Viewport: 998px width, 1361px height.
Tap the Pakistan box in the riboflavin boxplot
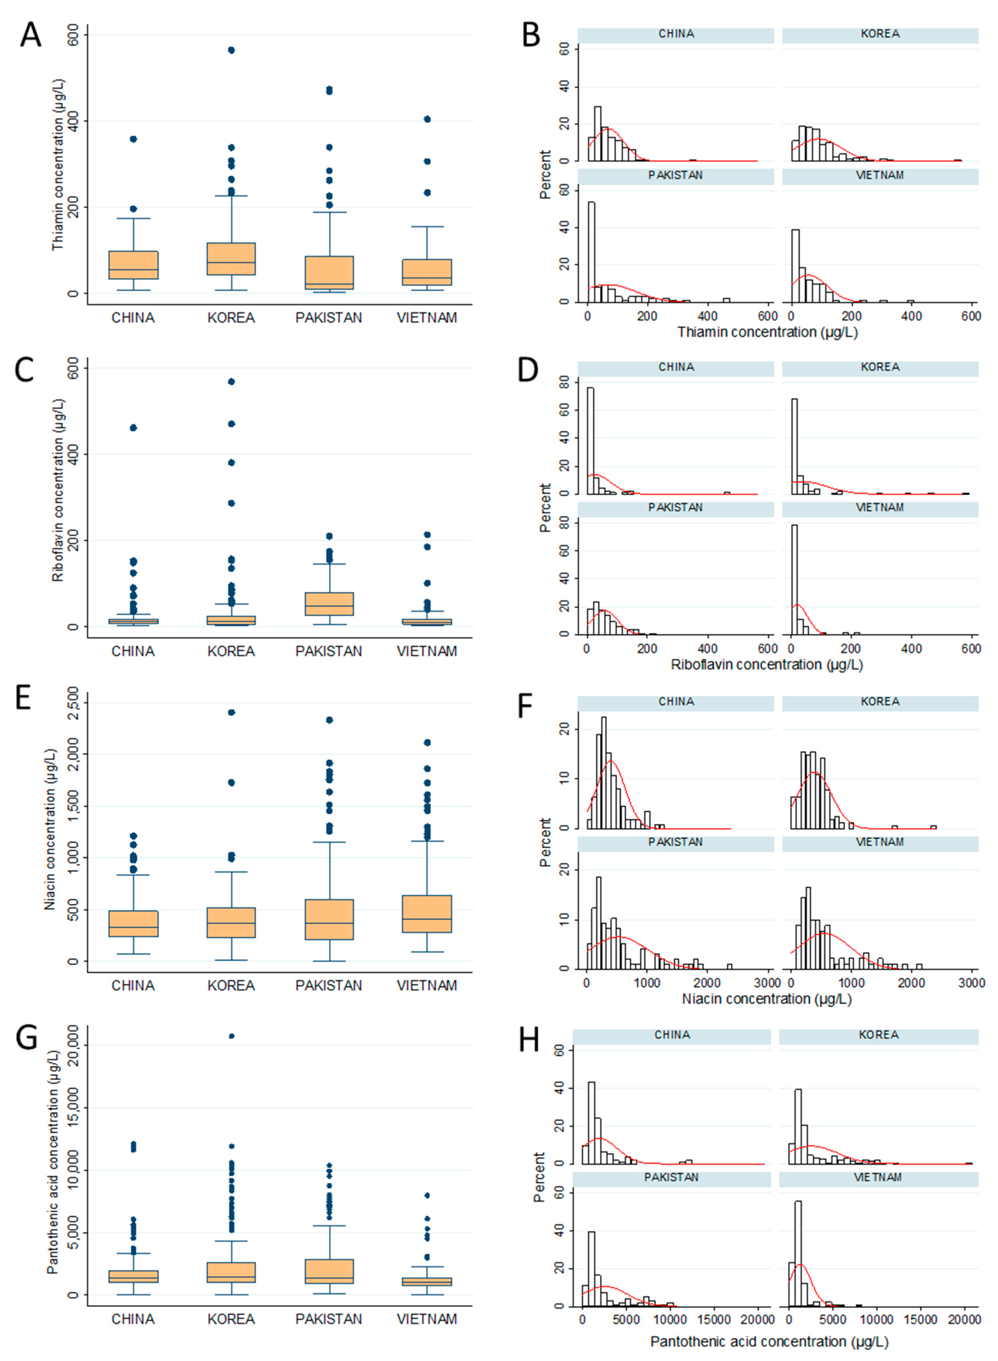tap(329, 604)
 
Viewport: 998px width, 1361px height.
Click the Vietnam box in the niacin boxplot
tap(427, 914)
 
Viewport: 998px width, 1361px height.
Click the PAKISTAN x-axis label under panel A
tap(329, 318)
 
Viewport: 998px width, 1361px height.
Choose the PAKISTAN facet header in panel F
tap(675, 842)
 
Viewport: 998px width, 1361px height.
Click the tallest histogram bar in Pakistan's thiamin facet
tap(591, 252)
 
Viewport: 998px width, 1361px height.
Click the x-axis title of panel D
tap(767, 664)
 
